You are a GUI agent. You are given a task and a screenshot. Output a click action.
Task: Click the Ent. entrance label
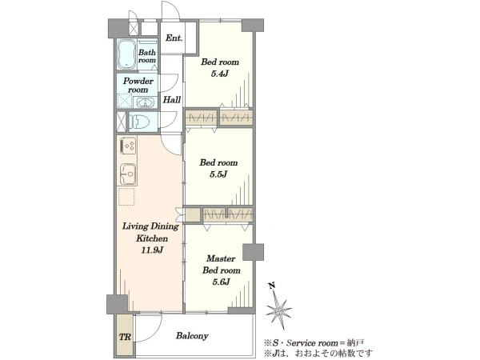pos(174,38)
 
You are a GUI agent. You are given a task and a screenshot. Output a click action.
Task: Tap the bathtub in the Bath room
pos(126,54)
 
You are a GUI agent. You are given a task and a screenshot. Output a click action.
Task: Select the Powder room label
pos(138,85)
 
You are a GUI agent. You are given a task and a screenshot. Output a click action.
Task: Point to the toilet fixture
pos(139,122)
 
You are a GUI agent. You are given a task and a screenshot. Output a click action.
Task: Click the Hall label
pos(171,100)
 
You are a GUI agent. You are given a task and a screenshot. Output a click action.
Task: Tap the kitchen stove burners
pos(129,146)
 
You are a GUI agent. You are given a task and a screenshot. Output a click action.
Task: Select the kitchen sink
pos(129,174)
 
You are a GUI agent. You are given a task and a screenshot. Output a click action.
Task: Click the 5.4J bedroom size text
pos(219,74)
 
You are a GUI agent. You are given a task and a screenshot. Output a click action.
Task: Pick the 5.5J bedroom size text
pos(218,174)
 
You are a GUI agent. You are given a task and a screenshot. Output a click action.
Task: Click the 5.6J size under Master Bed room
pos(221,282)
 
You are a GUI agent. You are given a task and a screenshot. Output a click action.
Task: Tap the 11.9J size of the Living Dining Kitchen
pos(151,250)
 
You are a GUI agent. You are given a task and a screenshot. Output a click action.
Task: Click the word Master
pos(221,258)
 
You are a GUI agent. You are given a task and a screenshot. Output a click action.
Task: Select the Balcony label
pos(192,336)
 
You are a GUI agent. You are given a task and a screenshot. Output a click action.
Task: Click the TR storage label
pos(125,338)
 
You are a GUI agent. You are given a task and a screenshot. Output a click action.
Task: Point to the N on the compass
pos(271,286)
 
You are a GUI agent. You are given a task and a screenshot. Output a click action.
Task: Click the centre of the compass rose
pos(279,311)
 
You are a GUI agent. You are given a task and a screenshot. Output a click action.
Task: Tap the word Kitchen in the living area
pos(152,238)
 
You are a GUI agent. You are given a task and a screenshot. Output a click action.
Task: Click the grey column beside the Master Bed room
pos(253,252)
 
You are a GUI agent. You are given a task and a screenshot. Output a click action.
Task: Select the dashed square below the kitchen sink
pos(126,197)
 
